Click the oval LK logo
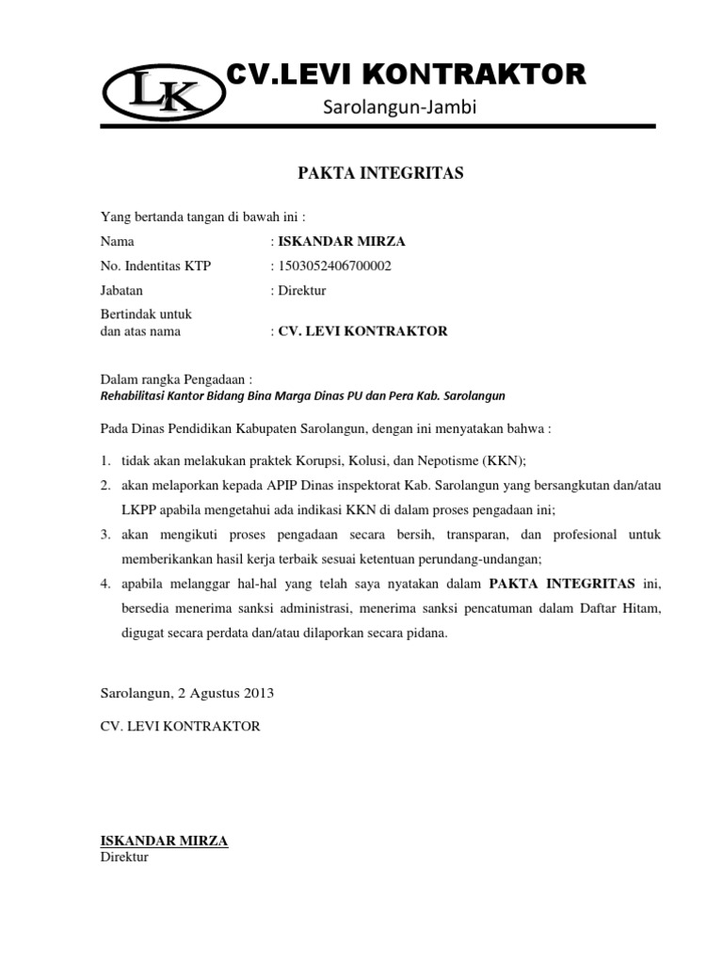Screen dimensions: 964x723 [x=164, y=97]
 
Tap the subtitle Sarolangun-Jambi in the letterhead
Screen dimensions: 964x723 [x=401, y=109]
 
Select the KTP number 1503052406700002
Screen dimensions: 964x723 [x=333, y=266]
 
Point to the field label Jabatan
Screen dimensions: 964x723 [x=121, y=291]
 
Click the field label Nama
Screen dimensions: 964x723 [x=117, y=242]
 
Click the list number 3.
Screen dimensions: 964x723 [x=105, y=535]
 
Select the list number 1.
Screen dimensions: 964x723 [x=105, y=461]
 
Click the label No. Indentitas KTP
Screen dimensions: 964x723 [x=156, y=266]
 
